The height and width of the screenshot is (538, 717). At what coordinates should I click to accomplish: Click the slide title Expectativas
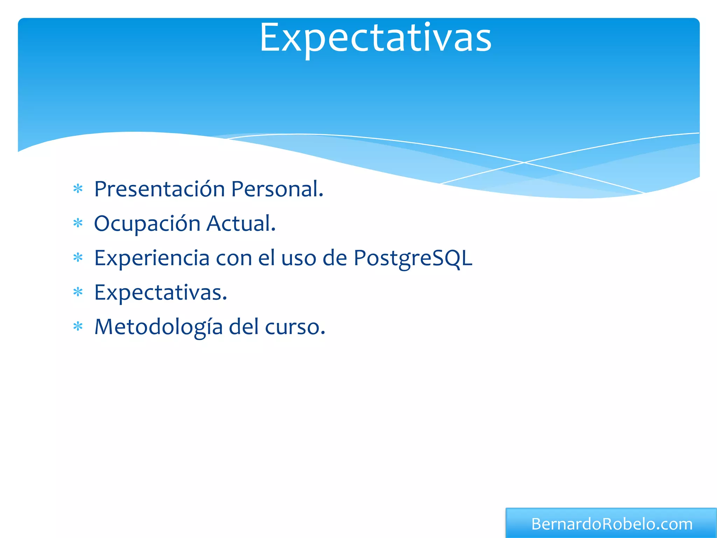pyautogui.click(x=375, y=38)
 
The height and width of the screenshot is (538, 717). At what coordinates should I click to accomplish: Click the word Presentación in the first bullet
pyautogui.click(x=159, y=189)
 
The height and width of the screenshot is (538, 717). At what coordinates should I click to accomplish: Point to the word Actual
pyautogui.click(x=241, y=223)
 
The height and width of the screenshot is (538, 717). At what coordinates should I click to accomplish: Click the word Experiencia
pyautogui.click(x=152, y=258)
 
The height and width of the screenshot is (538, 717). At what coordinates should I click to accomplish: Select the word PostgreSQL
pyautogui.click(x=413, y=258)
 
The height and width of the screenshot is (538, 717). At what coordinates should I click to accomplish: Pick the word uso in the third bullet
pyautogui.click(x=298, y=258)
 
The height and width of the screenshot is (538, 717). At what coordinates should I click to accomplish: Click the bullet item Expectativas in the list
pyautogui.click(x=160, y=293)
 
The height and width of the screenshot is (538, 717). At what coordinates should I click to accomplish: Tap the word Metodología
pyautogui.click(x=158, y=327)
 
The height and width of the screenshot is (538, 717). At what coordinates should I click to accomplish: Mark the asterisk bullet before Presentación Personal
pyautogui.click(x=78, y=189)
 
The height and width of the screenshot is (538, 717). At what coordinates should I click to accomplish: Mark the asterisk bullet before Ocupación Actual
pyautogui.click(x=78, y=223)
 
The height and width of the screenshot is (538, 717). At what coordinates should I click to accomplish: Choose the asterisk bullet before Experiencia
pyautogui.click(x=78, y=258)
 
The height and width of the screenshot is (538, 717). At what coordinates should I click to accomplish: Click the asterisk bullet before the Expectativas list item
pyautogui.click(x=78, y=292)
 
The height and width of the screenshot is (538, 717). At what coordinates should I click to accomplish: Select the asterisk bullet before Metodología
pyautogui.click(x=78, y=327)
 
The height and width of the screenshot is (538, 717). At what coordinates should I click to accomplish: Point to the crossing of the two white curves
pyautogui.click(x=524, y=163)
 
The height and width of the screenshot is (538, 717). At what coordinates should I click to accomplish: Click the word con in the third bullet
pyautogui.click(x=234, y=258)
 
